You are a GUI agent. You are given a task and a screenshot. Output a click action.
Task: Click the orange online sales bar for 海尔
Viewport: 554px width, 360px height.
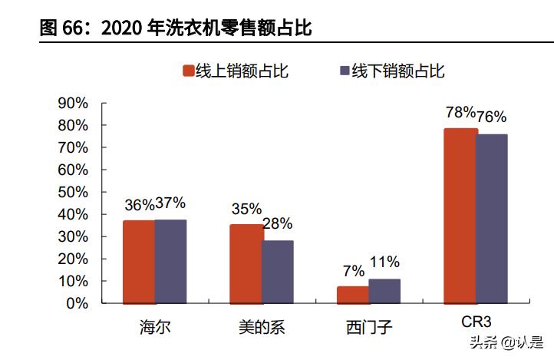coord(139,262)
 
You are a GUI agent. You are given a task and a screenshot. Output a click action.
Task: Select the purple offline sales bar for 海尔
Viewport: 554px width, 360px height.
coord(170,261)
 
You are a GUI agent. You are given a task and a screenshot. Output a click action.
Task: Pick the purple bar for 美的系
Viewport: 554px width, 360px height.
coord(277,272)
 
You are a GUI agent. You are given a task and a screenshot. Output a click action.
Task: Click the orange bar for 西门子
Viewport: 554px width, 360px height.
coord(352,295)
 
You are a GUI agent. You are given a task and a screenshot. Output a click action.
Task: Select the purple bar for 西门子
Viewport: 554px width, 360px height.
coord(384,291)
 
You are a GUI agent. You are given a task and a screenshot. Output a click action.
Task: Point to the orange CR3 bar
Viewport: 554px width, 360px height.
coord(460,216)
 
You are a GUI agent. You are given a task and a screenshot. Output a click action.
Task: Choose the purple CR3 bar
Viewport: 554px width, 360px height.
coord(491,219)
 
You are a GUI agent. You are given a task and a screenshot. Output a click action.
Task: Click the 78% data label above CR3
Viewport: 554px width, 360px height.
coord(460,113)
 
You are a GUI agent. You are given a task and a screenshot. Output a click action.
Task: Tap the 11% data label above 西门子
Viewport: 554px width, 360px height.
coord(384,263)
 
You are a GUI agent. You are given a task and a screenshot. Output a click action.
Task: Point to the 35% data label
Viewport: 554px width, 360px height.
coord(246,208)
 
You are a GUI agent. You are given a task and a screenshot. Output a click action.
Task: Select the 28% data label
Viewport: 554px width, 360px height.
coord(277,224)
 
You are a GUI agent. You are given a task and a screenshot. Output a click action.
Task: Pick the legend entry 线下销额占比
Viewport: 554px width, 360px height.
coord(391,71)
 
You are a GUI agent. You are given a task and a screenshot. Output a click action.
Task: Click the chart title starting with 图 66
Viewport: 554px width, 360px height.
coord(176,28)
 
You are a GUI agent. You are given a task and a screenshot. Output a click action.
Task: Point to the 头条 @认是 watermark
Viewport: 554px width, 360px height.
coord(506,342)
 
